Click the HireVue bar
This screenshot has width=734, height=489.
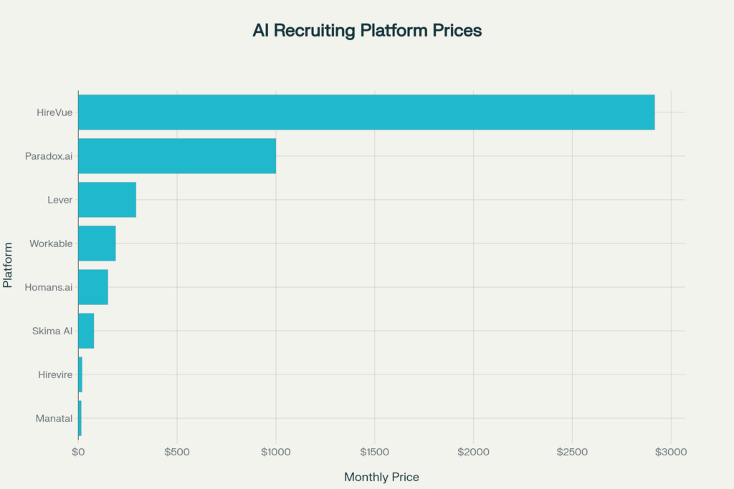coord(366,112)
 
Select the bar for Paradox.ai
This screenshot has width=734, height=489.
coord(177,156)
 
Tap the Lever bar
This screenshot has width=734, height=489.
coord(107,200)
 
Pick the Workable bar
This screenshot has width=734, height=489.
coord(97,243)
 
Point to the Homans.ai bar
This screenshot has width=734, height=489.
coord(93,287)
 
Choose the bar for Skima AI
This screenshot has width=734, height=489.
coord(86,331)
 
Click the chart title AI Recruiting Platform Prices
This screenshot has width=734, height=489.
coord(367,31)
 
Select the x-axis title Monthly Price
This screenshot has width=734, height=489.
coord(381,477)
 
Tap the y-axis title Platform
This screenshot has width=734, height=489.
coord(8,265)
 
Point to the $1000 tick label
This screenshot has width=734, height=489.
coord(275,452)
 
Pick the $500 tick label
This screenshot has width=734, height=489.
coord(176,452)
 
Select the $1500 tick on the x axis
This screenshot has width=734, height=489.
coord(374,452)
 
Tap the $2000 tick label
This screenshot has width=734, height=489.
coord(473,452)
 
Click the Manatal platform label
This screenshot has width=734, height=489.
coord(54,418)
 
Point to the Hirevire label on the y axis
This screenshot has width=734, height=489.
coord(55,374)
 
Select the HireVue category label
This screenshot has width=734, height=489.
coord(54,112)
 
